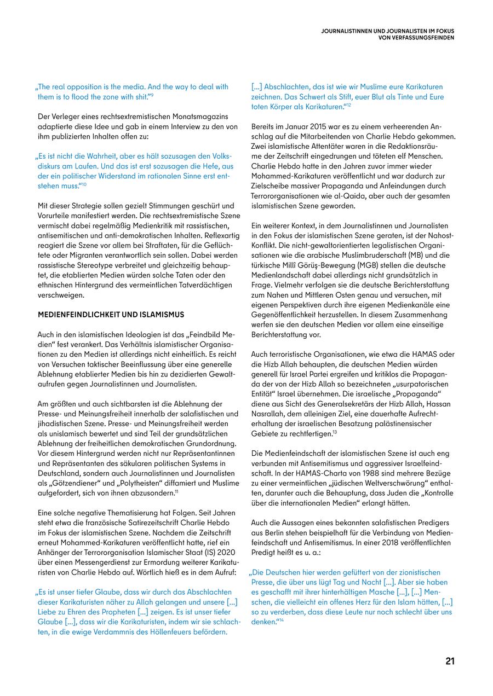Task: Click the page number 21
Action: pos(450,661)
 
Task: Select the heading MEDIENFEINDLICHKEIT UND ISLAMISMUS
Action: pos(111,315)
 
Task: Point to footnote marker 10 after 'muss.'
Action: pos(84,185)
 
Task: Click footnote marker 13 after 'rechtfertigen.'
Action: pos(335,432)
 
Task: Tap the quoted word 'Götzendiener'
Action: pos(71,483)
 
